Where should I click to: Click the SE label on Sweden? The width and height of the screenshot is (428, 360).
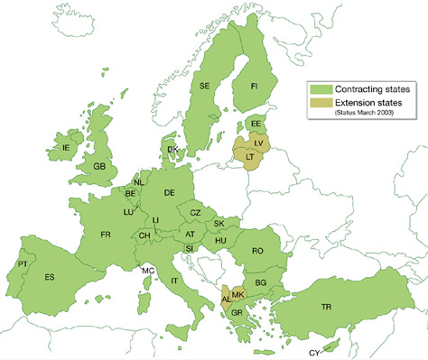pos(207,86)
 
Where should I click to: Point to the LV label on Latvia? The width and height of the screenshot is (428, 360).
pos(259,143)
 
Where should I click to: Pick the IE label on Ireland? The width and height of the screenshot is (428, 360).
pos(65,146)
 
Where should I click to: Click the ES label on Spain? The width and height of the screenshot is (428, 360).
pos(50,277)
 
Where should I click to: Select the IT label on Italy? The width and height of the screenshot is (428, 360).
pos(174,281)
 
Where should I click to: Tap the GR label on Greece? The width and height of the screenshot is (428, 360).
pos(237,313)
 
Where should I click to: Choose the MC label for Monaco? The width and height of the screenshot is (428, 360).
pos(147,271)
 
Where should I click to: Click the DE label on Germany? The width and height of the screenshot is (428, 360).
pos(169,192)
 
